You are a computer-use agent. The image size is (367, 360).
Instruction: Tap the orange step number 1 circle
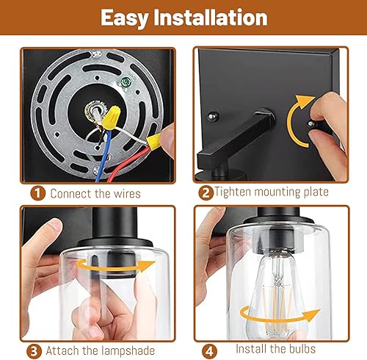(x=37, y=194)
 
